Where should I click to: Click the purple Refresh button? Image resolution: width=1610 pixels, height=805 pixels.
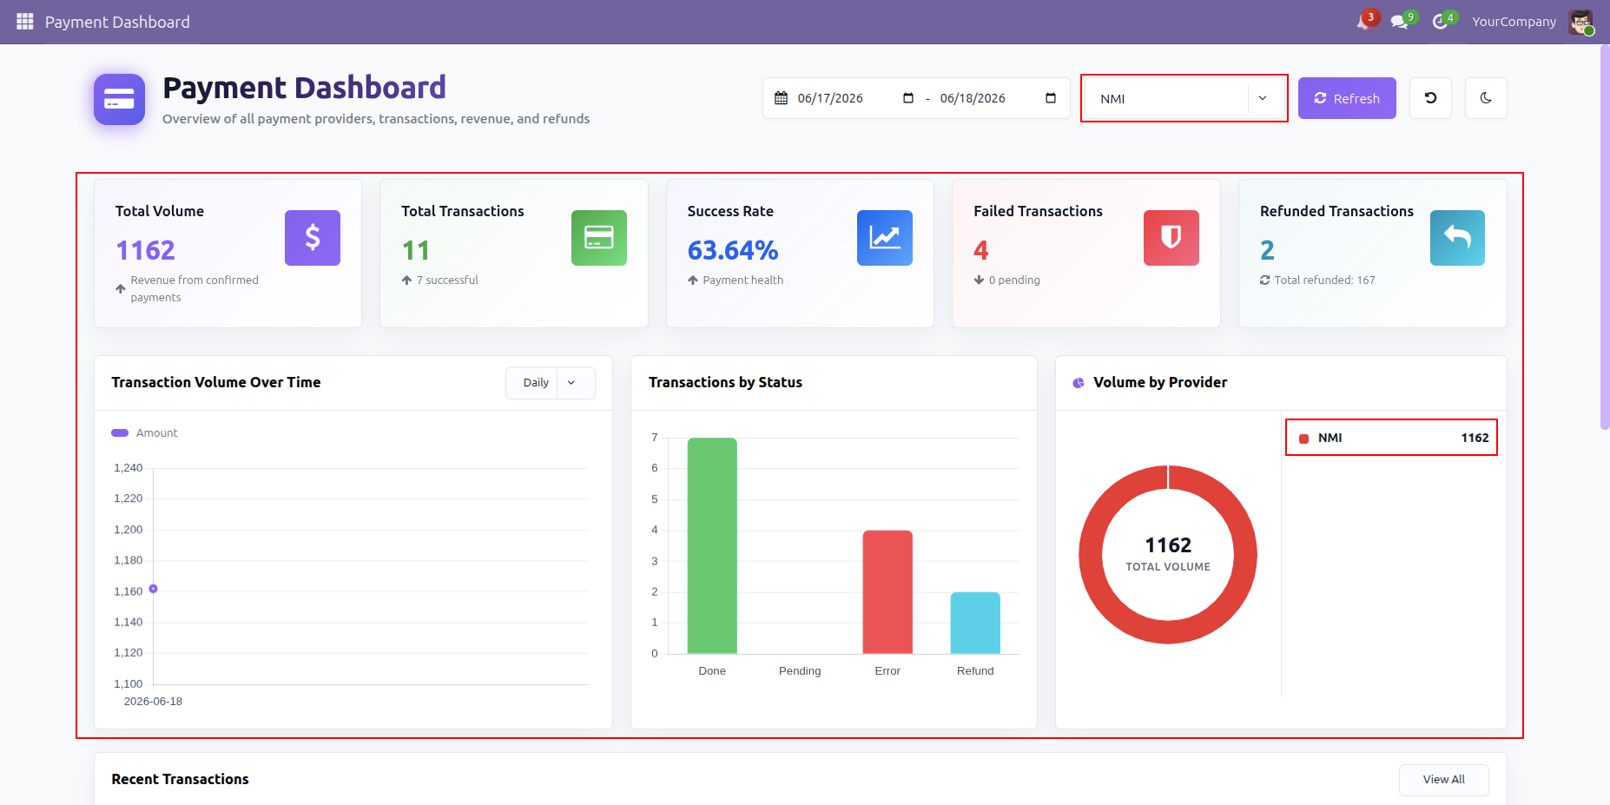[1347, 98]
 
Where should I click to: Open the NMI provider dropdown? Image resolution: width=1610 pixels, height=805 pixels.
[1184, 98]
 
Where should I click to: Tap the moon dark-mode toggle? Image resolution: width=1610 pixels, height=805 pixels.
[1486, 98]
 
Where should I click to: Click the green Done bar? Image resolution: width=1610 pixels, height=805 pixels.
[712, 545]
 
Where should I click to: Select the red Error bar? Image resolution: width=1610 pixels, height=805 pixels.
[887, 591]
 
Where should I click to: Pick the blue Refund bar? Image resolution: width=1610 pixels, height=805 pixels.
[975, 623]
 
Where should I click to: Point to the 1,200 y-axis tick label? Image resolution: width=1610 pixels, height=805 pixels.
[129, 530]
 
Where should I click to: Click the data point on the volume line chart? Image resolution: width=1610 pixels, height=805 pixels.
[153, 589]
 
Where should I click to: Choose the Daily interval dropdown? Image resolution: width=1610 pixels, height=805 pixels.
[551, 383]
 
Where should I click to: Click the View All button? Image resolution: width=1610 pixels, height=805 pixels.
[1443, 780]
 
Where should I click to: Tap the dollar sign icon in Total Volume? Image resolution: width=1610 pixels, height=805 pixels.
[313, 238]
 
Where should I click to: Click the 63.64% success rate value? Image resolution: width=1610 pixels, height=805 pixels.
[733, 250]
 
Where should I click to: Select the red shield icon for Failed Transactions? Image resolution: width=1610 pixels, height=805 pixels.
[1171, 238]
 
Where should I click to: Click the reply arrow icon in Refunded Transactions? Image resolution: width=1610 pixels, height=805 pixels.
[1457, 238]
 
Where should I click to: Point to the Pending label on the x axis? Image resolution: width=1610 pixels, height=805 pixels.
[800, 671]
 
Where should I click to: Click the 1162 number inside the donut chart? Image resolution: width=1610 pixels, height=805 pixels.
[1168, 545]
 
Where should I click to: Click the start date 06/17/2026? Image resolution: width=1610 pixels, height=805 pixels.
[830, 98]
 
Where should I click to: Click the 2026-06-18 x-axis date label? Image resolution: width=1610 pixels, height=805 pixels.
[153, 702]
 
